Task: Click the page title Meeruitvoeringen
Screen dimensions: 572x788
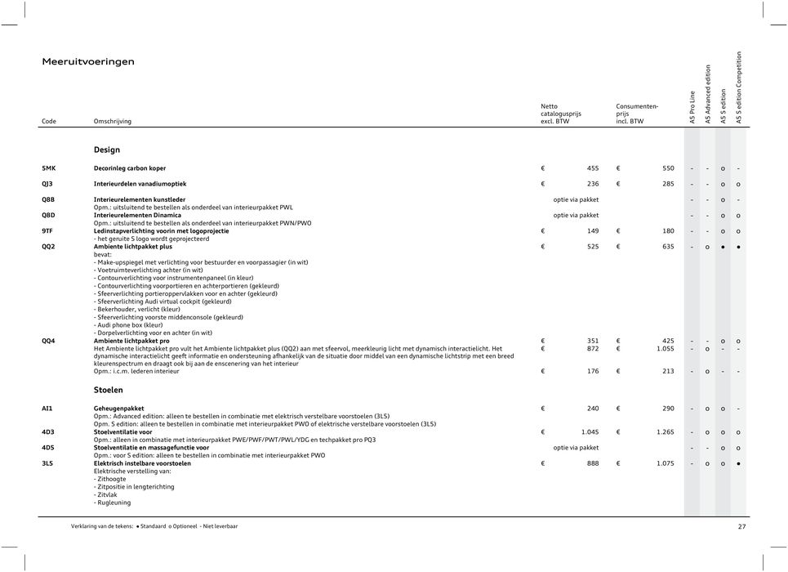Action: pyautogui.click(x=88, y=62)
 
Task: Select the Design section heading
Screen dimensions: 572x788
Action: pyautogui.click(x=107, y=150)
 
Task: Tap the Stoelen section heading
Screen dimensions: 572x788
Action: pyautogui.click(x=109, y=391)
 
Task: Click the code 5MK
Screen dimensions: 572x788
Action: pyautogui.click(x=49, y=168)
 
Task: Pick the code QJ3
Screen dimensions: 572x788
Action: pyautogui.click(x=49, y=184)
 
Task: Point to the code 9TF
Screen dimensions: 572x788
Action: pyautogui.click(x=48, y=231)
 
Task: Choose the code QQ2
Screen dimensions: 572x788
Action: pyautogui.click(x=49, y=247)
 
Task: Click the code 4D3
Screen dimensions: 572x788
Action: pyautogui.click(x=48, y=431)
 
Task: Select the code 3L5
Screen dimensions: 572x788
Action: pyautogui.click(x=48, y=463)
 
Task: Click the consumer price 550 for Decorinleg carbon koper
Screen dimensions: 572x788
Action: pyautogui.click(x=667, y=168)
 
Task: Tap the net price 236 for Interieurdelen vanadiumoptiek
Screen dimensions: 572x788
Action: pyautogui.click(x=592, y=184)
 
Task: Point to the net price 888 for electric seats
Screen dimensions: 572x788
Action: pyautogui.click(x=592, y=463)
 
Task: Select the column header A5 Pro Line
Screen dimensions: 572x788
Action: pyautogui.click(x=692, y=107)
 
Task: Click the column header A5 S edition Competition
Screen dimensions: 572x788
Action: pyautogui.click(x=739, y=88)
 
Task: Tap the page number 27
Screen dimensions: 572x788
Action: pyautogui.click(x=741, y=527)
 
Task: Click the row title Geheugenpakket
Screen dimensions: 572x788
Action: pyautogui.click(x=119, y=408)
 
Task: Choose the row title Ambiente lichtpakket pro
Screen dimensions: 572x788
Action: pyautogui.click(x=131, y=341)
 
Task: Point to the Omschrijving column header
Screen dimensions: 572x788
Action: pyautogui.click(x=113, y=122)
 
